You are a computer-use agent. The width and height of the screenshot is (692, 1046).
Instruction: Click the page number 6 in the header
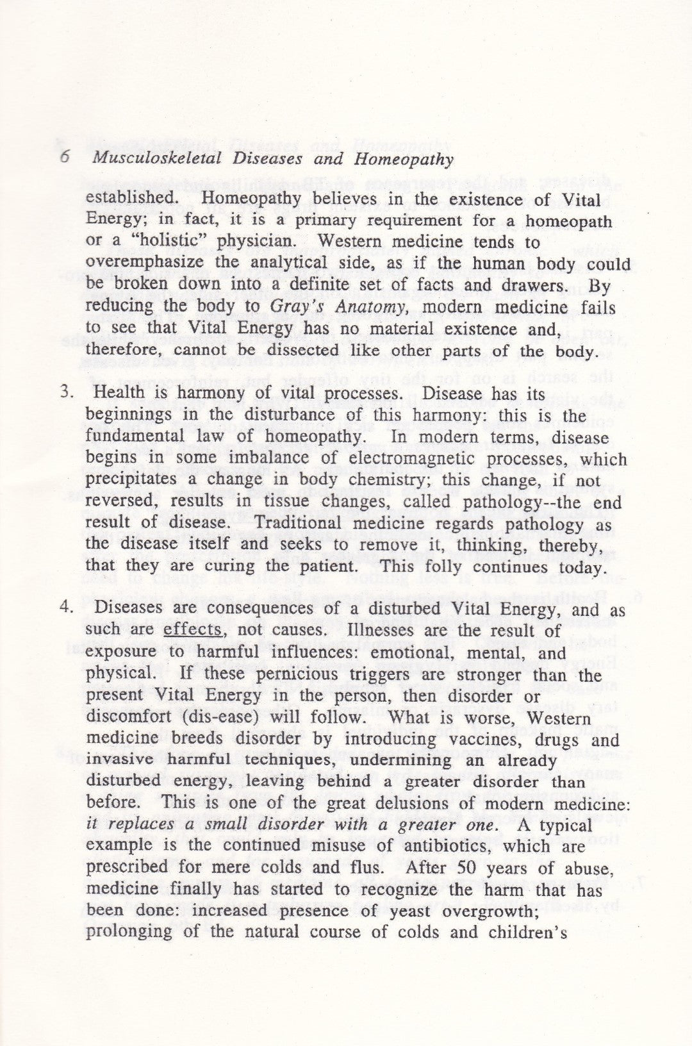[65, 160]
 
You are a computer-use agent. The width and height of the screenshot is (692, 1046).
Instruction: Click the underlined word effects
[192, 631]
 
